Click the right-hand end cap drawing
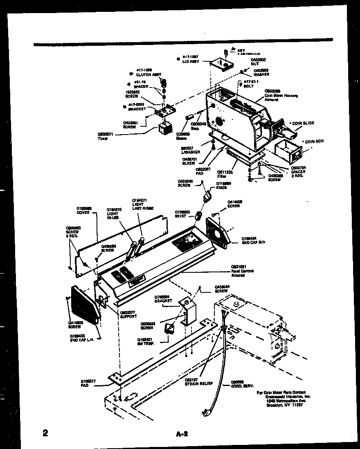[218, 233]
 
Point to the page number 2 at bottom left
[45, 433]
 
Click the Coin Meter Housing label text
[281, 95]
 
